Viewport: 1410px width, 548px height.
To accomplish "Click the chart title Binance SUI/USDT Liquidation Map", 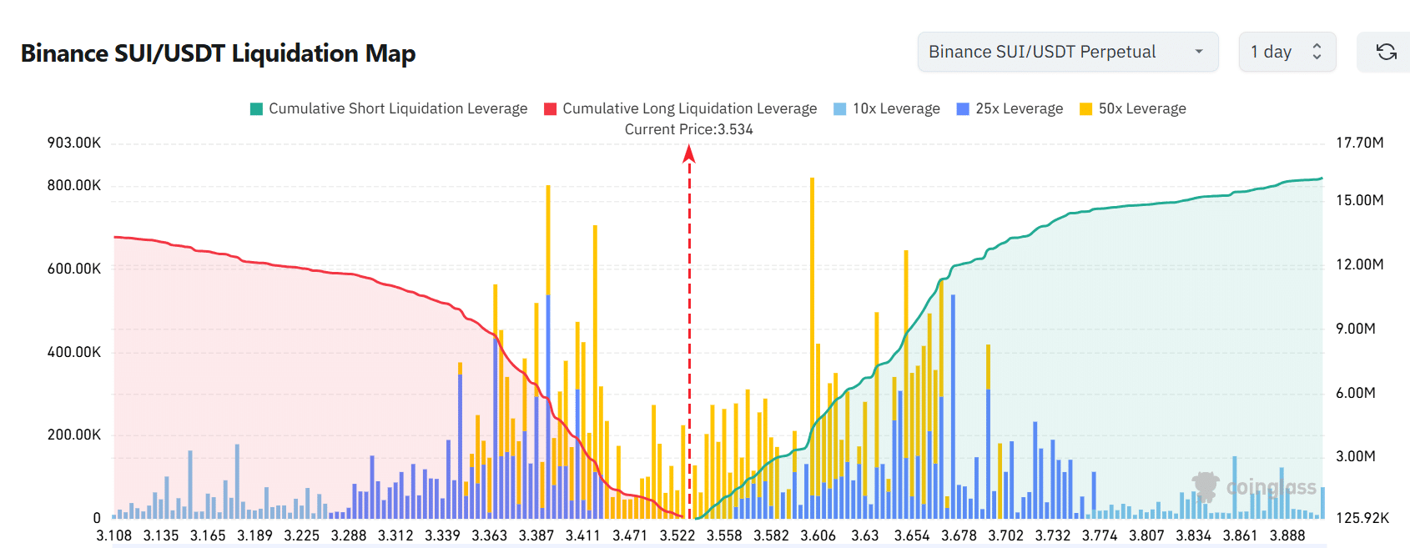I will click(x=218, y=53).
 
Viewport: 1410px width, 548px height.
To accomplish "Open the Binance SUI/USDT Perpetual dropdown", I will click(x=1067, y=52).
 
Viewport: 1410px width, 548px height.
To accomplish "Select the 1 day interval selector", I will click(x=1287, y=52).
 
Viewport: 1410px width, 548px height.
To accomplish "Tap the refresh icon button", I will click(x=1386, y=52).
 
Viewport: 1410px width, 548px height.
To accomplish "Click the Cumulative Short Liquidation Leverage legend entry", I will click(x=389, y=108).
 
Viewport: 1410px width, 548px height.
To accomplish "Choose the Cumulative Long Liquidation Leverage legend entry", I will click(x=680, y=108).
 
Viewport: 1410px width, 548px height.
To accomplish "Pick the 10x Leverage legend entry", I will click(x=887, y=108).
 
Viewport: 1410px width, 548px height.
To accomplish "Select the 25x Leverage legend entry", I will click(x=1010, y=108).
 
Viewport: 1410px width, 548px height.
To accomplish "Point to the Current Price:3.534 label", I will click(x=688, y=129).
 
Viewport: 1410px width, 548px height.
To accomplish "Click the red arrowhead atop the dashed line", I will click(x=689, y=153).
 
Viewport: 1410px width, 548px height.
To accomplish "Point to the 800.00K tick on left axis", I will click(x=74, y=185).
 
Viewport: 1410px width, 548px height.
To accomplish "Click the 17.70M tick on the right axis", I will click(x=1359, y=143).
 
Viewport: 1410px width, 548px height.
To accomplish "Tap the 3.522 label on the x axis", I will click(x=677, y=535).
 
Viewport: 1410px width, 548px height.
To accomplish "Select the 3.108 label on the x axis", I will click(x=114, y=535).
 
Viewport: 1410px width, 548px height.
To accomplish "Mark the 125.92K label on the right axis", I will click(x=1362, y=518).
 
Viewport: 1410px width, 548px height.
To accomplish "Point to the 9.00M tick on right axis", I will click(x=1355, y=329).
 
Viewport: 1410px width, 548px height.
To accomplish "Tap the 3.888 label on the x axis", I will click(x=1287, y=535).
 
